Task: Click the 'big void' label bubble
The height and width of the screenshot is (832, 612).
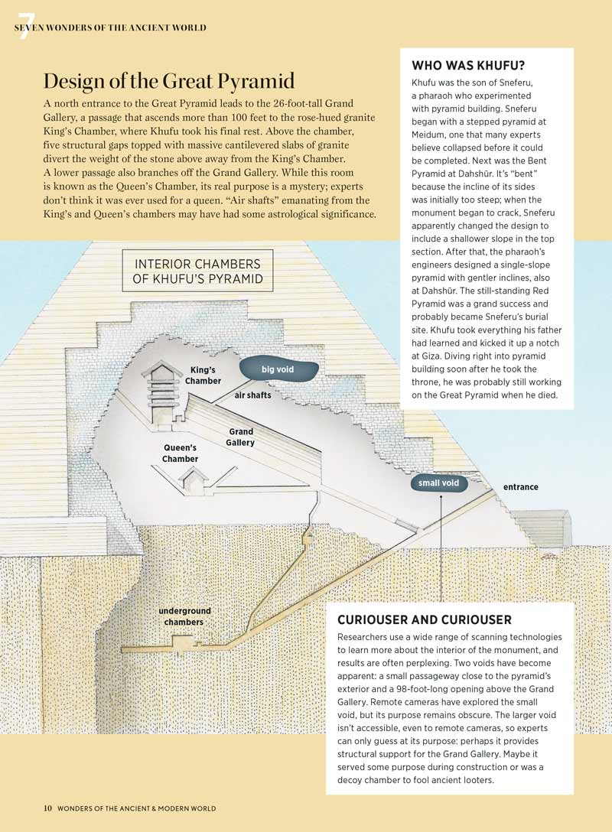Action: tap(278, 369)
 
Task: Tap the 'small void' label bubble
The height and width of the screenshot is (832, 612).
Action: tap(439, 483)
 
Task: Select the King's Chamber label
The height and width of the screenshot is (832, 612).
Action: tap(203, 375)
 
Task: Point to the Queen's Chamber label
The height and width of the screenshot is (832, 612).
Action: tap(180, 453)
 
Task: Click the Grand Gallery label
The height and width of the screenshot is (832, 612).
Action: tap(241, 437)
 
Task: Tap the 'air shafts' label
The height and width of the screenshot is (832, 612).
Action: tap(252, 396)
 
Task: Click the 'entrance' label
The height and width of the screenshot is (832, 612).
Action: tap(520, 487)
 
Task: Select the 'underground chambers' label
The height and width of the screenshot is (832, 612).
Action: tap(184, 616)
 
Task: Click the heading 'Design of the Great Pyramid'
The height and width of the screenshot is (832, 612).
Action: tap(169, 82)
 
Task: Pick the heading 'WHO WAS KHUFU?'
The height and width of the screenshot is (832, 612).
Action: tap(462, 65)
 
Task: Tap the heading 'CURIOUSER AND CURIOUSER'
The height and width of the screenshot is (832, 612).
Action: tap(425, 619)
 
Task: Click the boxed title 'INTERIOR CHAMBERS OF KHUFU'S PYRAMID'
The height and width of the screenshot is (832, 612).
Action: tap(197, 271)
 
